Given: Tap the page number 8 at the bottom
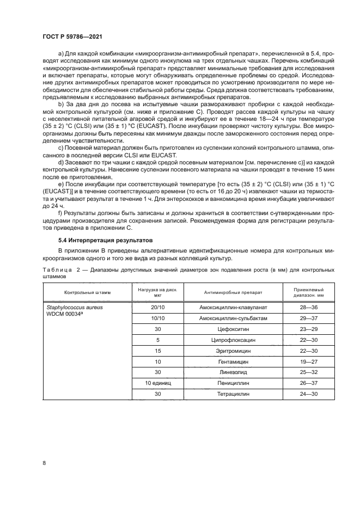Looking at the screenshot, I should click(44, 463).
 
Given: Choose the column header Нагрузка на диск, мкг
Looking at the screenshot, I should click(158, 292).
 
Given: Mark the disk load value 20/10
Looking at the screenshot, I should click(158, 308).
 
